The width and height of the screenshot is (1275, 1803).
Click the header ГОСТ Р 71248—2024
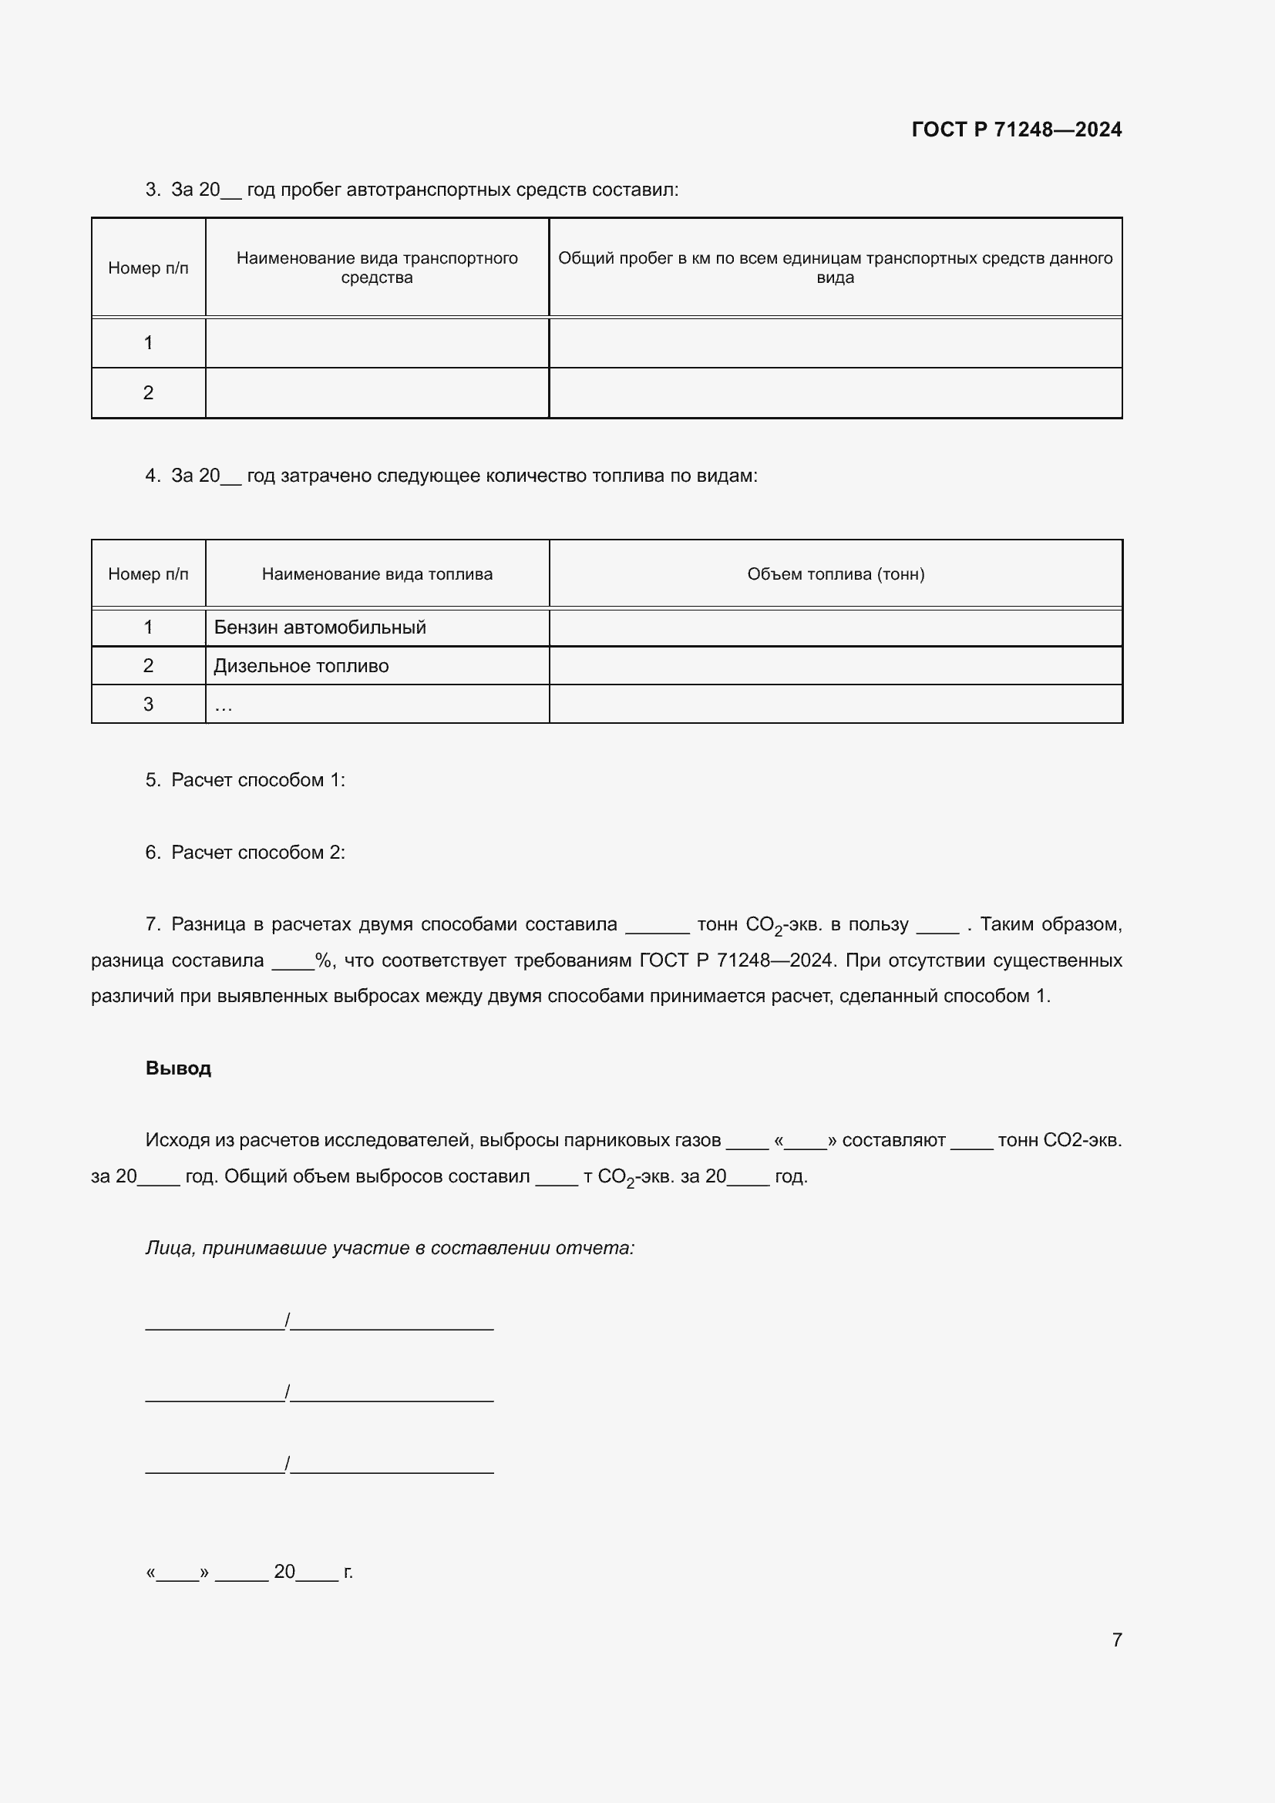[x=1016, y=130]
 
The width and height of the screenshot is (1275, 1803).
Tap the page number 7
[x=1116, y=1640]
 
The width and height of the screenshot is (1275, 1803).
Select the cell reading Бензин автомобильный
[x=320, y=627]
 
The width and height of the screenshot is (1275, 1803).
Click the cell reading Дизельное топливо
[x=301, y=666]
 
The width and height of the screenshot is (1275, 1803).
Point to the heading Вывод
[x=178, y=1068]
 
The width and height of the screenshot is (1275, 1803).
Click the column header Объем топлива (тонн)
[x=836, y=574]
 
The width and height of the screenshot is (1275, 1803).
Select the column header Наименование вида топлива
[x=377, y=574]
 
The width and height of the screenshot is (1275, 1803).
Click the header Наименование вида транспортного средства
[x=377, y=267]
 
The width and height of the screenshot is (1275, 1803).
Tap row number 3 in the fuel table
[x=148, y=705]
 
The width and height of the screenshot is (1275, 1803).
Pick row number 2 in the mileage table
[x=148, y=392]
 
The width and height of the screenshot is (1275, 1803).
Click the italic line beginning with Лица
[x=389, y=1248]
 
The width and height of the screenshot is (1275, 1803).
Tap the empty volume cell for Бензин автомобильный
[x=836, y=627]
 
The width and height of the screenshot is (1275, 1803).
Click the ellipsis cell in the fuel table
[x=377, y=705]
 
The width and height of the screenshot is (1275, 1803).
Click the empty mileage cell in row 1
[x=836, y=342]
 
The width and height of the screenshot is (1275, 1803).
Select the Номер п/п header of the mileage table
[x=148, y=267]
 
